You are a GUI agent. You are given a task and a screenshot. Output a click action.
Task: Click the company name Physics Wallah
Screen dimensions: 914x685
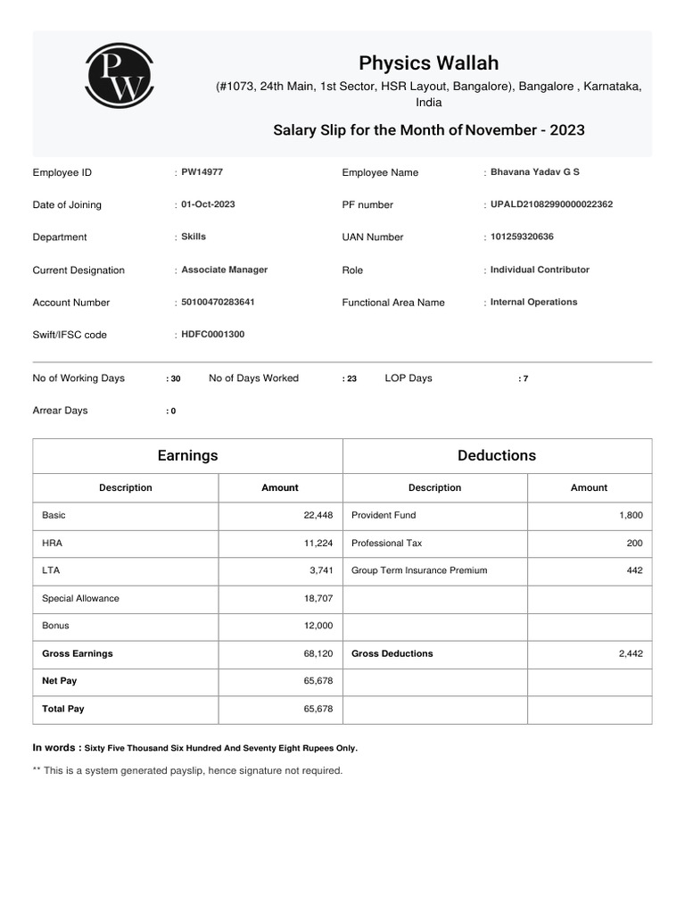428,62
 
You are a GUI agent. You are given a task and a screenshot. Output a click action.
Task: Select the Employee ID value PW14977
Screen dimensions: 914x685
202,171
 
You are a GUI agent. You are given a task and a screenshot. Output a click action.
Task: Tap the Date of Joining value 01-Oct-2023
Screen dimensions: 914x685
208,204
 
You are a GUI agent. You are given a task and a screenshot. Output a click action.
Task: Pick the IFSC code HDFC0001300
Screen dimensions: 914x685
212,334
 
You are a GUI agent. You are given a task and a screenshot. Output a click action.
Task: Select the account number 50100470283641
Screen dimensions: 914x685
218,302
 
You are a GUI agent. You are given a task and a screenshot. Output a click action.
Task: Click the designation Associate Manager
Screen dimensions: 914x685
224,270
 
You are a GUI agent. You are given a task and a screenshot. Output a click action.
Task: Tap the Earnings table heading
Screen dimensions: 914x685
187,455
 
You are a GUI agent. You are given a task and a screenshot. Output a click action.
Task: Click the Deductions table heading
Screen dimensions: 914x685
497,455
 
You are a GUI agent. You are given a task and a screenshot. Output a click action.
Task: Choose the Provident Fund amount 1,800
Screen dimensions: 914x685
630,516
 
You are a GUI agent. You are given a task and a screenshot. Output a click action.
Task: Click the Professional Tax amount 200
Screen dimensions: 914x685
634,543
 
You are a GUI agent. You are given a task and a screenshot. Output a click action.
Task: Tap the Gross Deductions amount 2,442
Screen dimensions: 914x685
630,653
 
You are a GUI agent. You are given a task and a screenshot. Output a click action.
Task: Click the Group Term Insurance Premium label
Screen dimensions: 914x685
419,570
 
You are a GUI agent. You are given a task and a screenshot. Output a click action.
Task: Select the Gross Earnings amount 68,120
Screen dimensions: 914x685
318,653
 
